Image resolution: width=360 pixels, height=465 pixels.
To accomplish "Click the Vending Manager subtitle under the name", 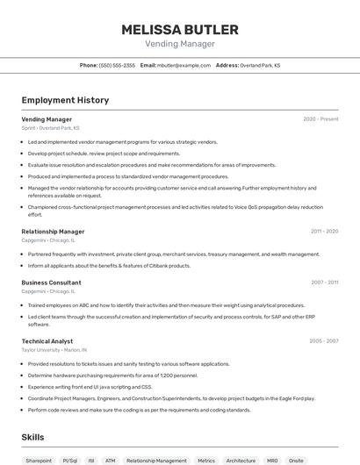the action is pyautogui.click(x=179, y=44).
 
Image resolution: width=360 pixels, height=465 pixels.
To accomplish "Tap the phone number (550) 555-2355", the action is pyautogui.click(x=117, y=65).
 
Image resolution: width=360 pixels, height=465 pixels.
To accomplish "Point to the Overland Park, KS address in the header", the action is pyautogui.click(x=260, y=65).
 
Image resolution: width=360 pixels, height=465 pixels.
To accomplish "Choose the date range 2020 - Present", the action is pyautogui.click(x=320, y=119).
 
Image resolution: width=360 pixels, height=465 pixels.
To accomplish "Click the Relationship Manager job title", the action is pyautogui.click(x=53, y=232).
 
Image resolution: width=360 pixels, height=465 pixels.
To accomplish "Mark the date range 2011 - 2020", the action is pyautogui.click(x=324, y=232).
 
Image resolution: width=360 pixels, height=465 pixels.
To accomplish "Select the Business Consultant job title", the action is pyautogui.click(x=51, y=283).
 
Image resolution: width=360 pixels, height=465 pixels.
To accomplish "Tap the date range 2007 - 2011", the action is pyautogui.click(x=324, y=283).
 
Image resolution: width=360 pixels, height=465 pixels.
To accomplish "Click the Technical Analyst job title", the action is pyautogui.click(x=47, y=340).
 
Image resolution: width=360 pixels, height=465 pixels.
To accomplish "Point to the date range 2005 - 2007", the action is pyautogui.click(x=324, y=340).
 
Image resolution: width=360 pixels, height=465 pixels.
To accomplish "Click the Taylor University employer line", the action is pyautogui.click(x=54, y=349).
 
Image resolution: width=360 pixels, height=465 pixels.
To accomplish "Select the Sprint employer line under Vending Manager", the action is pyautogui.click(x=50, y=128).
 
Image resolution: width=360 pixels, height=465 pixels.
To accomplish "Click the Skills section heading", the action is pyautogui.click(x=32, y=436).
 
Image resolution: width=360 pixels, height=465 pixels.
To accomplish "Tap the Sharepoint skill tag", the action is pyautogui.click(x=39, y=460).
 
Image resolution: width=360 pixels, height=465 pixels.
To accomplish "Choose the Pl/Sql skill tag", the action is pyautogui.click(x=70, y=460).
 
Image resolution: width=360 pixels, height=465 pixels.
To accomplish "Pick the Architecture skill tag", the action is pyautogui.click(x=241, y=460).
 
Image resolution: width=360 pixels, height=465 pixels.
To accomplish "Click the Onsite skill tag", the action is pyautogui.click(x=296, y=460).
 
